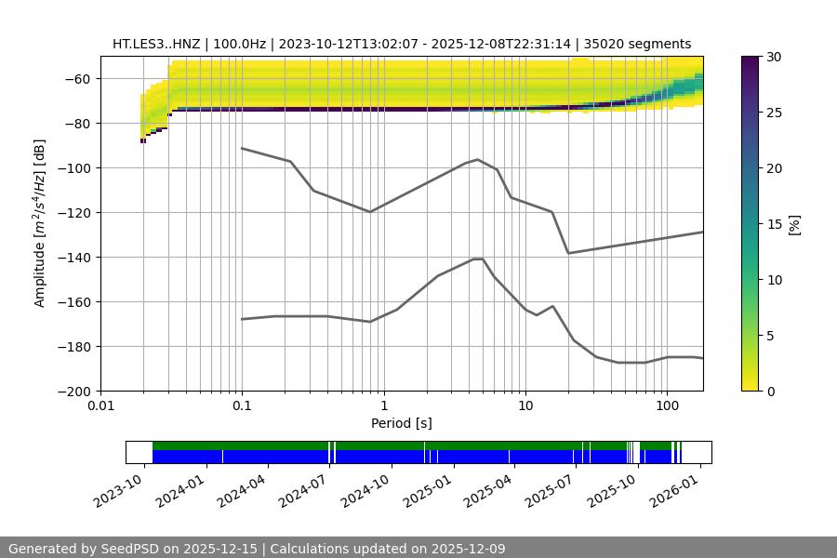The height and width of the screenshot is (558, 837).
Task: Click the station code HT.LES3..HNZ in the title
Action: coord(155,44)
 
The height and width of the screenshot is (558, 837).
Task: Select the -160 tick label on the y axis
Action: coord(80,302)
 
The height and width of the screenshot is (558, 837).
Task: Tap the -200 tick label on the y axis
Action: coord(80,392)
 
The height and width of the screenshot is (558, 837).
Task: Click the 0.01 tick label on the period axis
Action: coord(100,406)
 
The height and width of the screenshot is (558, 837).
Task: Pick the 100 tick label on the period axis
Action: coord(667,406)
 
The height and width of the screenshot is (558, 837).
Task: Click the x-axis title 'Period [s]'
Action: coord(402,423)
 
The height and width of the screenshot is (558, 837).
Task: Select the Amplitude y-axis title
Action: coord(40,223)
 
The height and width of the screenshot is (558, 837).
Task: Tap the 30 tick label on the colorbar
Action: coord(774,57)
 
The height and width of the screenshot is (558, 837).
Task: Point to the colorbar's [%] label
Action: coord(794,224)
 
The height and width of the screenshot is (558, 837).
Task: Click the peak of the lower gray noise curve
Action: coord(478,259)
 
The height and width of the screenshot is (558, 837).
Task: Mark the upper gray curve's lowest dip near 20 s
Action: coord(568,253)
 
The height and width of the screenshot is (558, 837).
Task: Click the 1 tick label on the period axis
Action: coord(384,406)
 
